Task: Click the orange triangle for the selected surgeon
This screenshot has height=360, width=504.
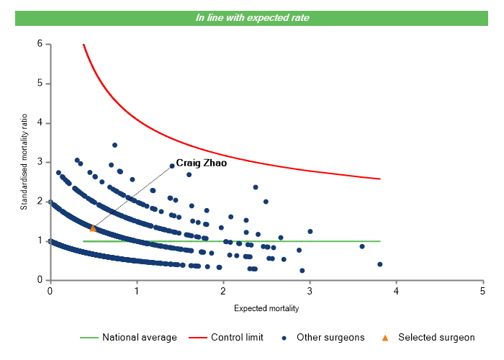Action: click(x=93, y=228)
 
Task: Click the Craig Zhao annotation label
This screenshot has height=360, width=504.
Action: click(x=202, y=163)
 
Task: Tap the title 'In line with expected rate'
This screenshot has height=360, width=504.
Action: click(x=252, y=17)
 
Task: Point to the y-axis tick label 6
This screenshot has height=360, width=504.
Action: click(x=40, y=44)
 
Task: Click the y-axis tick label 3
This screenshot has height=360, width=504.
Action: click(x=40, y=162)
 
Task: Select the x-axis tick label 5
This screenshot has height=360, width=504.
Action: click(x=482, y=291)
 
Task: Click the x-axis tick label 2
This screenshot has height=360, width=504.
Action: click(x=222, y=291)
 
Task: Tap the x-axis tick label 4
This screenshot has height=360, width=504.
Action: click(x=396, y=291)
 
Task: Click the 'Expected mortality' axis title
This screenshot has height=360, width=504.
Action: click(x=266, y=308)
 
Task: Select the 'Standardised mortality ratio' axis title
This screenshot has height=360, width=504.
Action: click(x=23, y=162)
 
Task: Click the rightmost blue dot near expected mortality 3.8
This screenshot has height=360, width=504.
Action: click(x=379, y=264)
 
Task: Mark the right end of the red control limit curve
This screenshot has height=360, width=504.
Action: click(x=379, y=179)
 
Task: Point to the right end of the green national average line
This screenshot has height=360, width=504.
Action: click(x=379, y=241)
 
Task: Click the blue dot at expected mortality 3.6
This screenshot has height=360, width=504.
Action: click(x=362, y=246)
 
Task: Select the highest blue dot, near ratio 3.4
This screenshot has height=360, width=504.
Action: click(x=114, y=145)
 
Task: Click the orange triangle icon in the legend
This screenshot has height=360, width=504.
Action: click(x=385, y=337)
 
